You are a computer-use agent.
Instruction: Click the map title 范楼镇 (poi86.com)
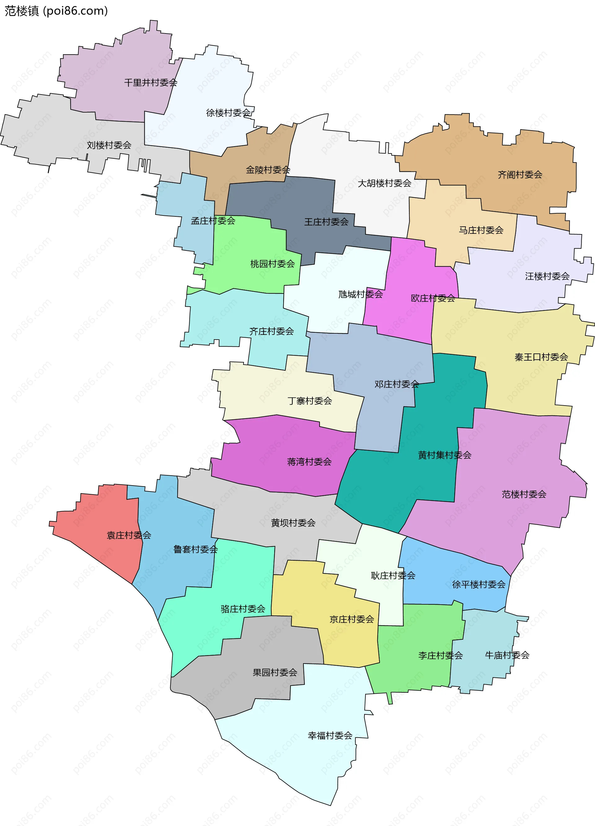click(x=56, y=11)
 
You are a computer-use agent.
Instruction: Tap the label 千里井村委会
click(x=151, y=83)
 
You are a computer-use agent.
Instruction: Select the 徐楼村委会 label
click(x=228, y=113)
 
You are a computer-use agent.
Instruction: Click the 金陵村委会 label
click(x=268, y=170)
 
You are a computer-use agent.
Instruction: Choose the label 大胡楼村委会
click(x=384, y=183)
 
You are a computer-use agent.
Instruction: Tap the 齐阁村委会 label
click(x=520, y=175)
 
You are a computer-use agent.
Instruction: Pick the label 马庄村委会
click(x=481, y=230)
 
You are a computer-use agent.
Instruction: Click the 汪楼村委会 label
click(x=547, y=276)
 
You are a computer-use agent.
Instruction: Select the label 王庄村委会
click(x=326, y=222)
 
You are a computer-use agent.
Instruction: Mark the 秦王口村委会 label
click(x=541, y=357)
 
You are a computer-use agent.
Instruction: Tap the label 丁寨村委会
click(x=310, y=401)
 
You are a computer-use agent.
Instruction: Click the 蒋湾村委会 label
click(x=309, y=462)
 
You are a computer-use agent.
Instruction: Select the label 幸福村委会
click(x=330, y=736)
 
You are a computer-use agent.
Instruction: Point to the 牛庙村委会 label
click(x=507, y=655)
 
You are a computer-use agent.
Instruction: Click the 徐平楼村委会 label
click(x=478, y=584)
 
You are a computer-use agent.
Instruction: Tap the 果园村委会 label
click(x=275, y=673)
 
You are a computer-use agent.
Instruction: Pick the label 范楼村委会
click(x=524, y=494)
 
